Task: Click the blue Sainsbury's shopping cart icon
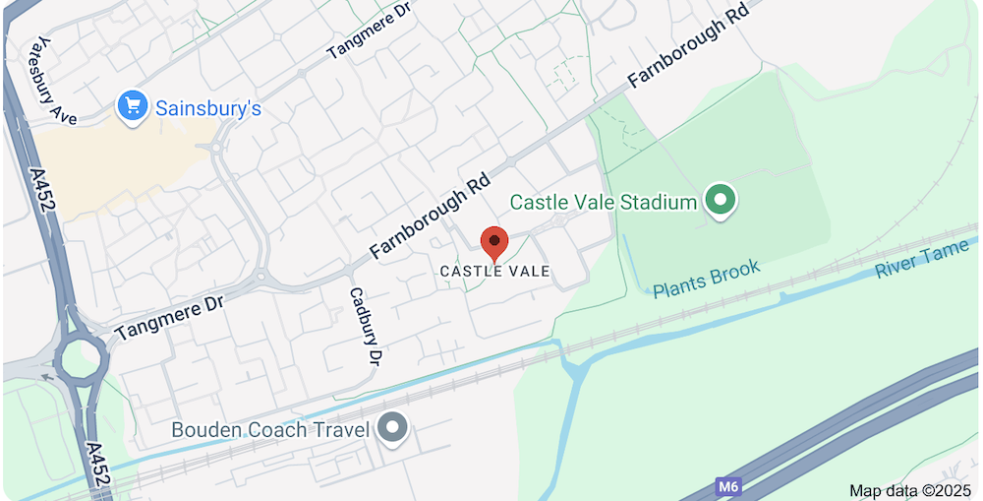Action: [133, 107]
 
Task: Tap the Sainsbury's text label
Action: [207, 108]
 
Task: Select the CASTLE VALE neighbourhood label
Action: [494, 271]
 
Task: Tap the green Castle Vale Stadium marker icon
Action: [723, 202]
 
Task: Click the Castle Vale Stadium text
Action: [603, 203]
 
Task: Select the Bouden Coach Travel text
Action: [270, 430]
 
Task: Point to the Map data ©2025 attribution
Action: [909, 490]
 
